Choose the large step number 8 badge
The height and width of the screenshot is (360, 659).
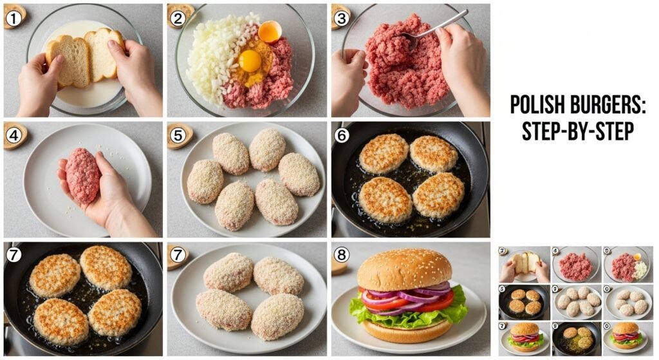340,254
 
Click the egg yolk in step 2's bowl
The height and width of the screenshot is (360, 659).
250,61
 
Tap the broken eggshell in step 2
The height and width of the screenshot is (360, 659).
269,31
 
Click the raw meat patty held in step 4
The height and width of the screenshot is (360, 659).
82,175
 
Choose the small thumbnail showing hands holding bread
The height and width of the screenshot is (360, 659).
524,264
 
